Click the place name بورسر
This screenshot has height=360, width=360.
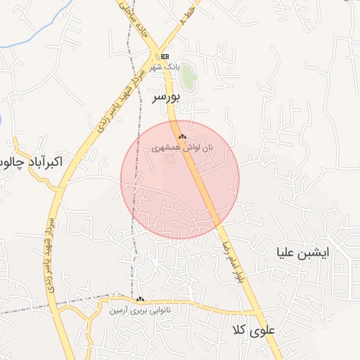pos(167,98)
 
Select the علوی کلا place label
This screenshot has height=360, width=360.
pos(255,330)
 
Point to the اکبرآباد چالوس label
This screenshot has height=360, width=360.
pos(32,162)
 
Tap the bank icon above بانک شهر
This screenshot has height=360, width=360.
pos(165,56)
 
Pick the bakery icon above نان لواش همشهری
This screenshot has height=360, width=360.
pos(181,136)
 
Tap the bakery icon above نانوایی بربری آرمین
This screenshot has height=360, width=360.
pos(140,299)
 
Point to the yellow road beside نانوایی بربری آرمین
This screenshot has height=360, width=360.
pos(197,307)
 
